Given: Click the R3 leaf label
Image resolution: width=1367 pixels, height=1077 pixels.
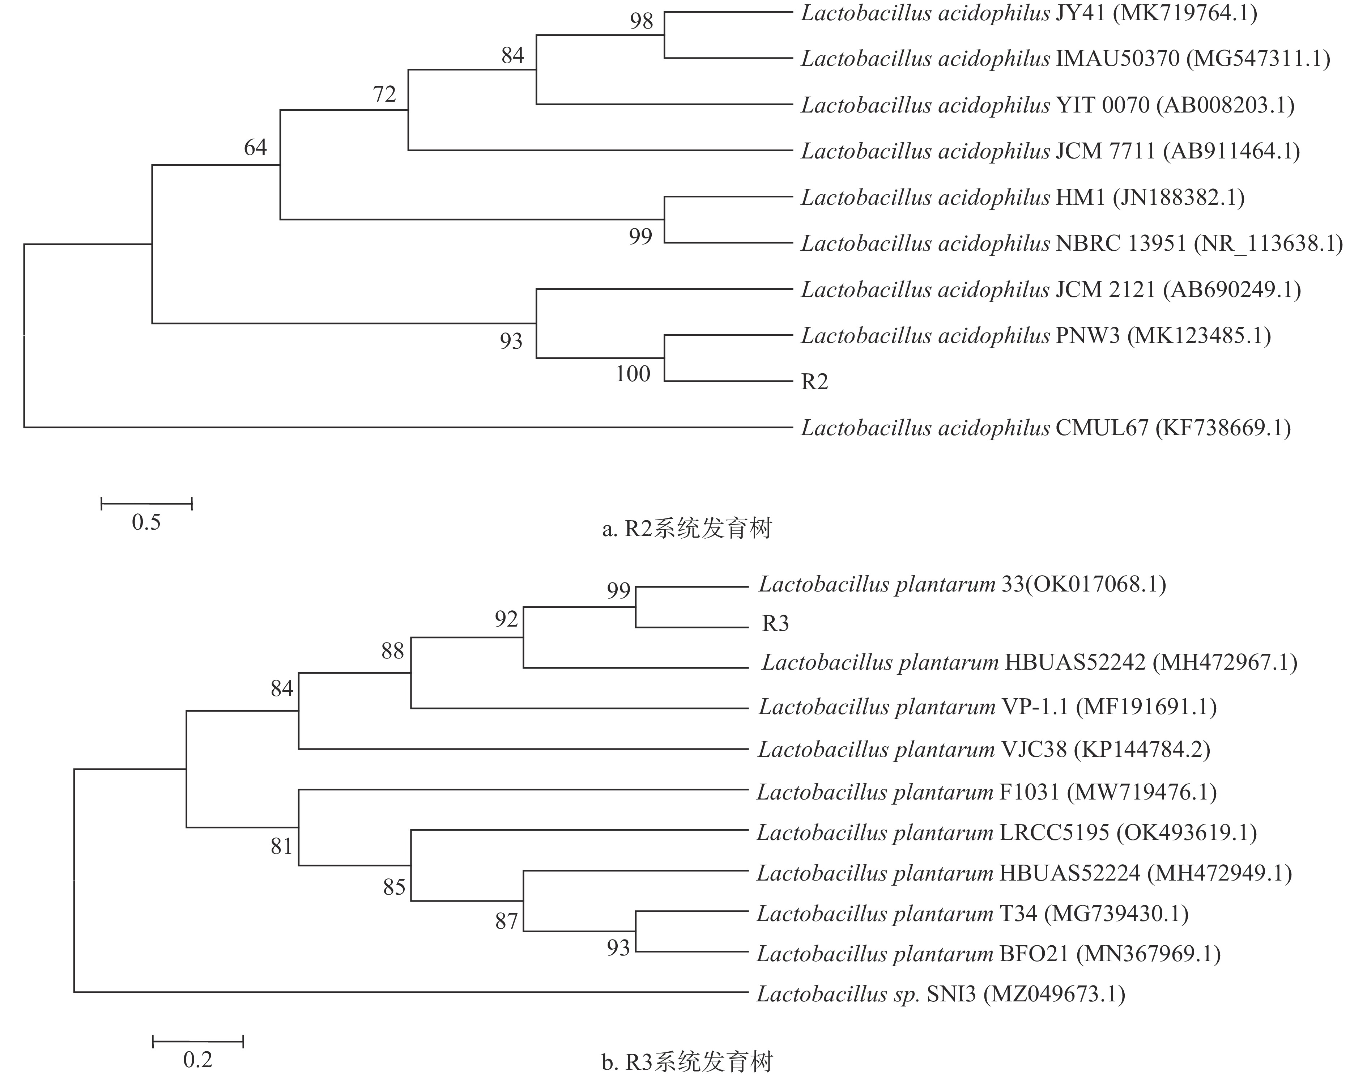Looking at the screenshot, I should point(775,624).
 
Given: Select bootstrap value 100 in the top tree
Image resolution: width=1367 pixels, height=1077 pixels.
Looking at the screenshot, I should point(633,374).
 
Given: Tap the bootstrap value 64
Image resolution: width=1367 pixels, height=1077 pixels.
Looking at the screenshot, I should point(255,148).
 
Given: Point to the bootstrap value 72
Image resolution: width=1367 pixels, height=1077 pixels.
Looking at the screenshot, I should point(384,94).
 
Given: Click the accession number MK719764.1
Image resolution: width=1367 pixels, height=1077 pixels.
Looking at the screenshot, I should point(1185,13).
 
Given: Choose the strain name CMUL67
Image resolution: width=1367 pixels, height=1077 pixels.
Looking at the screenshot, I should point(1102,428).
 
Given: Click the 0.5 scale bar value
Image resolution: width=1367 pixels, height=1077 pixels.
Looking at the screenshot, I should point(146,522).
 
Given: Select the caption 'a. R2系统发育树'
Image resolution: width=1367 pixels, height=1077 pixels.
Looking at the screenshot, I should point(687,529).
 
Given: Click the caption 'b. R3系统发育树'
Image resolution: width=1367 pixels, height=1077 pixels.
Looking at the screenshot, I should point(687,1063).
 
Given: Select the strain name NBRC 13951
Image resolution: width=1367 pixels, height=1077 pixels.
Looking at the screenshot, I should point(1121,243).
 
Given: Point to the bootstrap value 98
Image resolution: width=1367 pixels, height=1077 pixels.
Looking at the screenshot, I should point(642,21).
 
